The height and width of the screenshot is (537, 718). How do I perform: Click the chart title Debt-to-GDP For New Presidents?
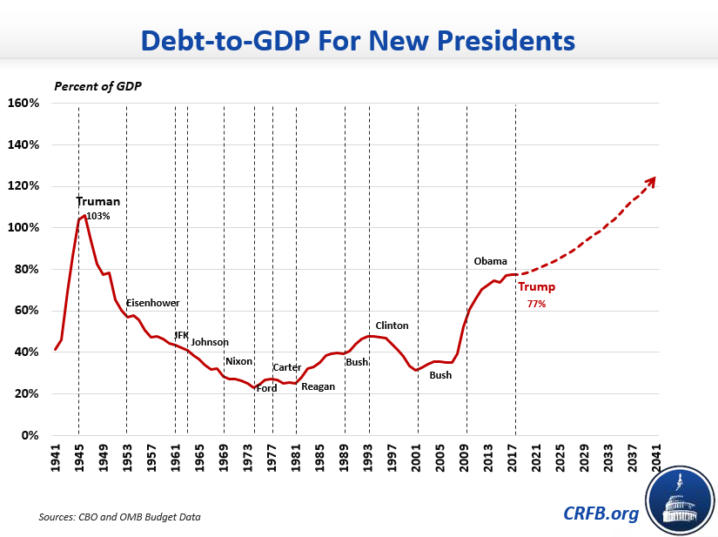pyautogui.click(x=358, y=40)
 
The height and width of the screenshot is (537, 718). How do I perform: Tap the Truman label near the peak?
pyautogui.click(x=98, y=202)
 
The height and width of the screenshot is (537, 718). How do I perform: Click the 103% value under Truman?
pyautogui.click(x=98, y=217)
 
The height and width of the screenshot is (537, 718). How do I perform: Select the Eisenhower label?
pyautogui.click(x=153, y=303)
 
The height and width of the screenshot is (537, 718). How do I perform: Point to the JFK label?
pyautogui.click(x=181, y=335)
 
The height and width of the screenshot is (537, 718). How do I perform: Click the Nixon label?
pyautogui.click(x=238, y=361)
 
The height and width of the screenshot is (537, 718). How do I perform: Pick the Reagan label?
pyautogui.click(x=318, y=386)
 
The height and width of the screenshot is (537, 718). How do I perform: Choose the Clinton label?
pyautogui.click(x=392, y=326)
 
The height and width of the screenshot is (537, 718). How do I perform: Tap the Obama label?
pyautogui.click(x=490, y=261)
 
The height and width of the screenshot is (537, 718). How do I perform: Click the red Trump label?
pyautogui.click(x=536, y=287)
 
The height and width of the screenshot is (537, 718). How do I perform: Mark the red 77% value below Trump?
pyautogui.click(x=536, y=305)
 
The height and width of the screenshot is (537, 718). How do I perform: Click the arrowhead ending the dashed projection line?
pyautogui.click(x=650, y=180)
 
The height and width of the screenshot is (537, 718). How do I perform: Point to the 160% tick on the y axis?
pyautogui.click(x=23, y=103)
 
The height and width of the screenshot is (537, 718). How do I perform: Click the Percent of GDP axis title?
pyautogui.click(x=97, y=86)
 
